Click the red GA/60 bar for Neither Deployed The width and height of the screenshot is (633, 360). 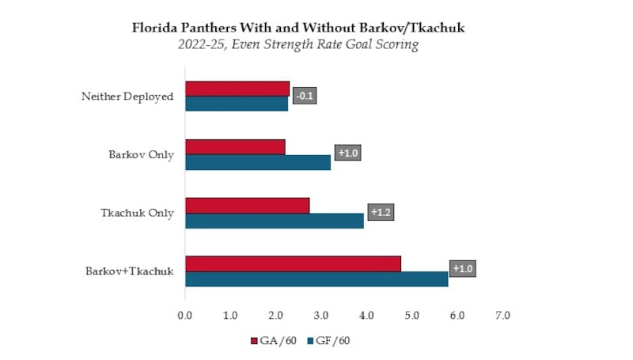pyautogui.click(x=237, y=89)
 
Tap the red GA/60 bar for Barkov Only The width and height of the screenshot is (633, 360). pyautogui.click(x=234, y=147)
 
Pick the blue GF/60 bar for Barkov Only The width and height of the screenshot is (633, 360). pyautogui.click(x=257, y=162)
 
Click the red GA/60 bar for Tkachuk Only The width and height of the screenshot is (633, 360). pyautogui.click(x=247, y=206)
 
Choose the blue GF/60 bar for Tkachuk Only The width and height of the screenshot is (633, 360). pyautogui.click(x=274, y=221)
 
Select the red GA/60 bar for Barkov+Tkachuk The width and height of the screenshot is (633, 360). pyautogui.click(x=293, y=264)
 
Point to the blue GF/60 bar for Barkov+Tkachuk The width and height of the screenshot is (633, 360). pyautogui.click(x=316, y=279)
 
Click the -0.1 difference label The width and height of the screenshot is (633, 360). pyautogui.click(x=304, y=97)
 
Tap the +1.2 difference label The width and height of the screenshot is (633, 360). pyautogui.click(x=381, y=213)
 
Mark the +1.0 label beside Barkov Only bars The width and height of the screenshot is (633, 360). pyautogui.click(x=347, y=153)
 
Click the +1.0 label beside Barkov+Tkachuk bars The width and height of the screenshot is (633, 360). pyautogui.click(x=463, y=269)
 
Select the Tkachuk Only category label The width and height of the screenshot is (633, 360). pyautogui.click(x=137, y=213)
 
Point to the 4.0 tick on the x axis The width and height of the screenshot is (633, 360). pyautogui.click(x=366, y=316)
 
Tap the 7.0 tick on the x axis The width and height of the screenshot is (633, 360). pyautogui.click(x=502, y=316)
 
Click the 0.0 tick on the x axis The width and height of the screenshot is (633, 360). pyautogui.click(x=185, y=316)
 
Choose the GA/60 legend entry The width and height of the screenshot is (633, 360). pyautogui.click(x=273, y=341)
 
